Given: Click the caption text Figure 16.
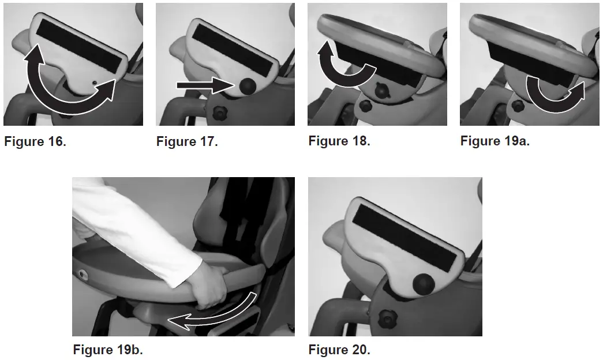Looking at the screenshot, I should [x=35, y=141].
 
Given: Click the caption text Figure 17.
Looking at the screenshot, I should [x=187, y=141].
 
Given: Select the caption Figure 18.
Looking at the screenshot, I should [x=339, y=141].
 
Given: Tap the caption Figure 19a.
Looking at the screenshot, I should [x=495, y=141].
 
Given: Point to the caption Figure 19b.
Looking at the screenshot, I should [x=108, y=350].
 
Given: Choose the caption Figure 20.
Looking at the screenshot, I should [x=339, y=350].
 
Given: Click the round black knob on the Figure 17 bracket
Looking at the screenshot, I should [x=248, y=87].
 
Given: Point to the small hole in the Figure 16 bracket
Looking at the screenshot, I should [x=95, y=82].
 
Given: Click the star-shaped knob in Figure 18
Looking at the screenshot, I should [x=381, y=91].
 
